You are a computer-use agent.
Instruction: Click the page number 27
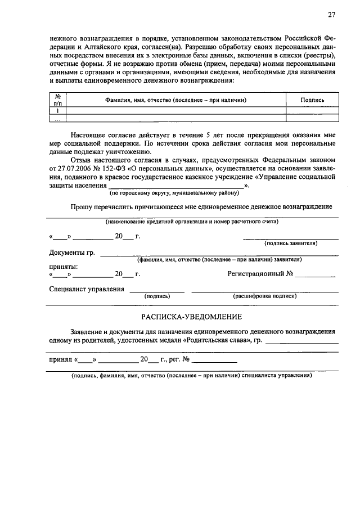coord(332,15)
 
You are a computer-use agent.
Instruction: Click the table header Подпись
coord(312,100)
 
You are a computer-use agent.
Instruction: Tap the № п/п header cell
coord(57,100)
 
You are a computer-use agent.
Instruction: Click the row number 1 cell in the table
coord(57,111)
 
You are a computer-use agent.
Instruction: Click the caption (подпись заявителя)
coord(290,244)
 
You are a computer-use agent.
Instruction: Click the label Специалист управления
coord(87,289)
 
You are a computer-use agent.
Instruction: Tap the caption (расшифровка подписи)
coord(264,296)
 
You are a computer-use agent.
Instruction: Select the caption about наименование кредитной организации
coord(192,222)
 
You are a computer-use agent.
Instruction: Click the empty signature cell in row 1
coord(312,111)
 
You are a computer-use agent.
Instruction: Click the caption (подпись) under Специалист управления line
coord(157,296)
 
